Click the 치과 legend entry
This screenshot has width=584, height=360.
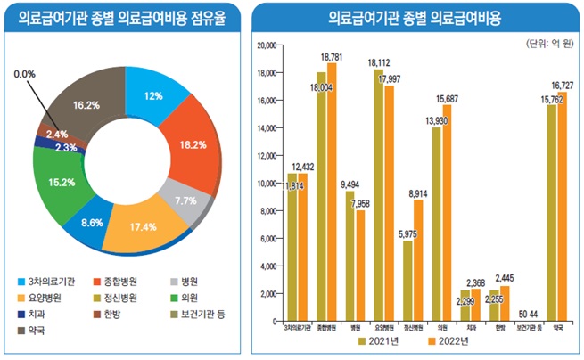37,314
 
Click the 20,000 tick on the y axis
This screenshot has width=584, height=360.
267,45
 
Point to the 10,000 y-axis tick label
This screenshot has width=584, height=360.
267,184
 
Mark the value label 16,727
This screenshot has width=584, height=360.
562,85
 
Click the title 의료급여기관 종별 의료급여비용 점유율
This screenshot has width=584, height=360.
120,18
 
